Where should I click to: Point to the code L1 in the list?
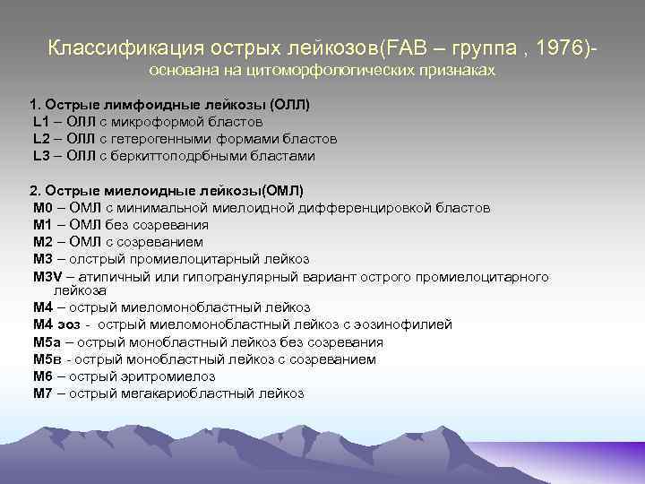[41, 122]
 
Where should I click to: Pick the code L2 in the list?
[41, 139]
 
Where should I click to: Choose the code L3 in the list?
[41, 156]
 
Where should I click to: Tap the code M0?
[43, 208]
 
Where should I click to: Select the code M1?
[43, 225]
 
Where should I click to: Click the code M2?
[43, 242]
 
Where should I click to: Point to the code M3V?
[47, 276]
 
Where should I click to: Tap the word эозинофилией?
[404, 324]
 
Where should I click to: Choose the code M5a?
[47, 341]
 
